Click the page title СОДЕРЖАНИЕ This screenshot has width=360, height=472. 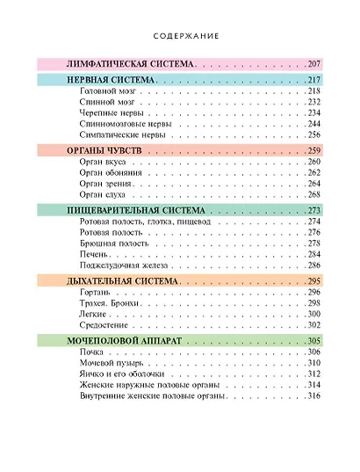point(180,37)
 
